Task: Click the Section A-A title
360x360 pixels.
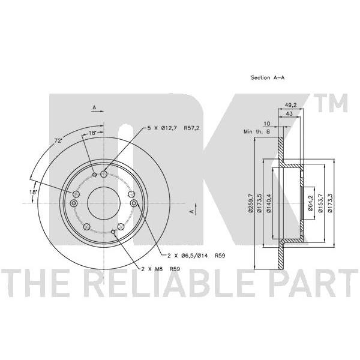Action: [268, 77]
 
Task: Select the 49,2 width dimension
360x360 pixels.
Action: [291, 105]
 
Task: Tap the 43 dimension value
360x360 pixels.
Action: [289, 113]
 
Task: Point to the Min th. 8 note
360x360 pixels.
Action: [257, 132]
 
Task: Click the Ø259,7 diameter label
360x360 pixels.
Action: [250, 203]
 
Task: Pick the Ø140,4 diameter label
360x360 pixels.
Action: [269, 203]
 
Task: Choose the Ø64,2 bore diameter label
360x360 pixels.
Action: [310, 203]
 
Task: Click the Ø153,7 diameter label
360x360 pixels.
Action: [321, 203]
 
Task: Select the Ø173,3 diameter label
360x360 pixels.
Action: [330, 203]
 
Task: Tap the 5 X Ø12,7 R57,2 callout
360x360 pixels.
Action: [173, 128]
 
